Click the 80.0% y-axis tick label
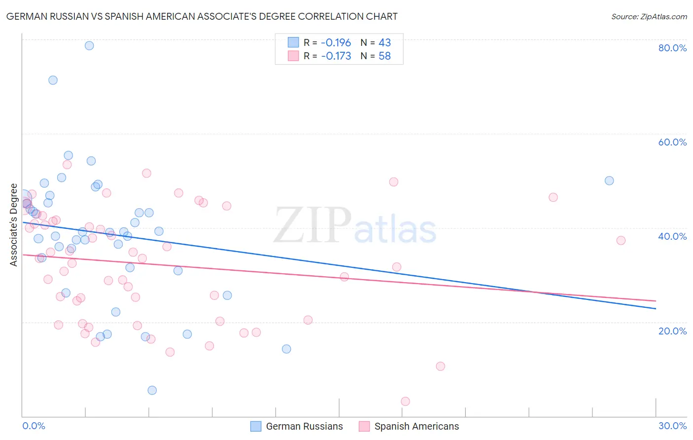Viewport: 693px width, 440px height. coord(672,48)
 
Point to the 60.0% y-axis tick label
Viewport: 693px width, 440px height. coord(672,142)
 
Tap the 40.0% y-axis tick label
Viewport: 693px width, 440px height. coord(672,236)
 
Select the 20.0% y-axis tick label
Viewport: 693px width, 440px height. coord(672,330)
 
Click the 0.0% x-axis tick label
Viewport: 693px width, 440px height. coord(34,426)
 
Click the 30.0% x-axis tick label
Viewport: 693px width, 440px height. coord(672,426)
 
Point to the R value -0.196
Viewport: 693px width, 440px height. coord(336,43)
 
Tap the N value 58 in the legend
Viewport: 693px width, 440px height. coord(384,56)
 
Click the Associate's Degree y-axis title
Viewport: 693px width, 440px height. coord(14,225)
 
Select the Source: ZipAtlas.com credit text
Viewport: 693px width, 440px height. coord(649,17)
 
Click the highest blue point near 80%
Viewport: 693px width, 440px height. coord(89,45)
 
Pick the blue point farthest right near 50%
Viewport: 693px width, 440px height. coord(609,181)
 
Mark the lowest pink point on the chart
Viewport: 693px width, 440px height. coord(405,402)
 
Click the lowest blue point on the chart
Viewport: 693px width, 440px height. coord(152,390)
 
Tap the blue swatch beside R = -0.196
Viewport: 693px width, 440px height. coord(293,42)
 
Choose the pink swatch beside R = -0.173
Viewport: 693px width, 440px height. coord(293,56)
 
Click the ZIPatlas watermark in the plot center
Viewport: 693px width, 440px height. coord(355,226)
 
